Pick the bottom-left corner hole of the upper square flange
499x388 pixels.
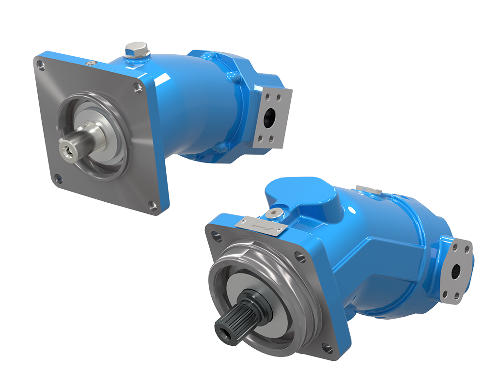tap(58, 179)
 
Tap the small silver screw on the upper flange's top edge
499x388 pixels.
tap(90, 63)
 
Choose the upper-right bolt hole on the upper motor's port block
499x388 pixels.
tap(280, 97)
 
